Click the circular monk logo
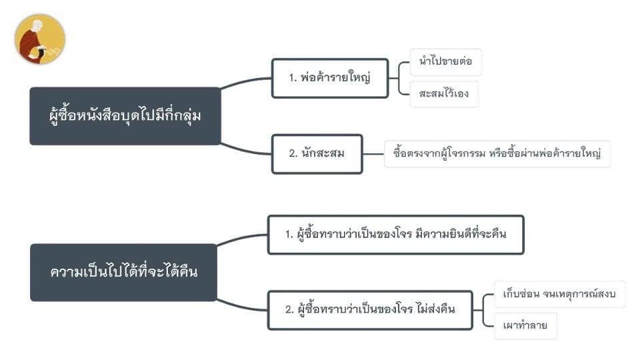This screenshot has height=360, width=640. coord(40,39)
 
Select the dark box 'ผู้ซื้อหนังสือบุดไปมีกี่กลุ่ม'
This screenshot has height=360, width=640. coord(125,116)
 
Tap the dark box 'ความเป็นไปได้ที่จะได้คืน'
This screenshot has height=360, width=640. coord(124,272)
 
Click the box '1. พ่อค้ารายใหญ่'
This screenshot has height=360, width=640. coord(330,78)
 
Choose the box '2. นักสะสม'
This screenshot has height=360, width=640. coord(317,154)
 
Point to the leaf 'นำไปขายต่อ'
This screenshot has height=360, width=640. coord(445,61)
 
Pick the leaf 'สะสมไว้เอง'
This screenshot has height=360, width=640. coord(444,94)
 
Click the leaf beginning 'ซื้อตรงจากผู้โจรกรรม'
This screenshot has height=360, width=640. coord(497,154)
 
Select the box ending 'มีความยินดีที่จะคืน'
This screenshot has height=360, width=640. coord(395,235)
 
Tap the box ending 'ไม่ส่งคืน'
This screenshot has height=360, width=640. coord(370,310)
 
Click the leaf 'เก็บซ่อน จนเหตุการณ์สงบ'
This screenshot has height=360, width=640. coord(559,294)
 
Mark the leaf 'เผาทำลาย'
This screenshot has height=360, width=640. coord(525,326)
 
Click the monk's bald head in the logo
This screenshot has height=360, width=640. coord(37,25)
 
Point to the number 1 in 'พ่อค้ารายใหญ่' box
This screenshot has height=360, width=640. coord(291,77)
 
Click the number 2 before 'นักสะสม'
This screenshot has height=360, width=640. coord(292,153)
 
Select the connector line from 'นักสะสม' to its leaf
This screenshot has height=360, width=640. coord(373,154)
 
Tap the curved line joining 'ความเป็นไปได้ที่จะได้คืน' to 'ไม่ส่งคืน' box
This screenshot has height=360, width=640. coord(241,307)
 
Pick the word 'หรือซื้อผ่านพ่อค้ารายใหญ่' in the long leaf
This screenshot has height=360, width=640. coord(545,153)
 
